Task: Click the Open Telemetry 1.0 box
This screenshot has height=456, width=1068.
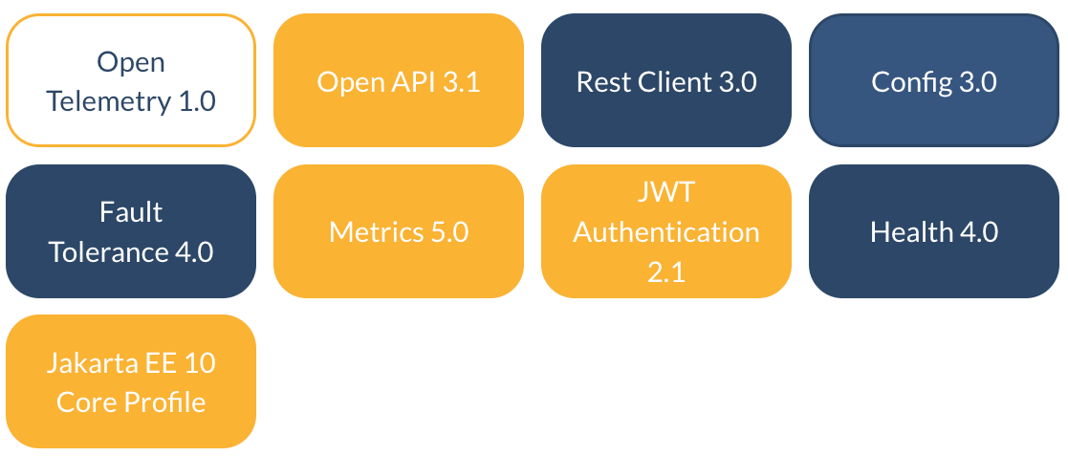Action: (x=131, y=80)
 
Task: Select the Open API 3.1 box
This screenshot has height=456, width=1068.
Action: (x=398, y=80)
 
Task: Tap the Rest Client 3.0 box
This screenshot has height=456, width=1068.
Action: (x=666, y=80)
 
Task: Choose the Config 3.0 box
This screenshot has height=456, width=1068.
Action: (x=934, y=80)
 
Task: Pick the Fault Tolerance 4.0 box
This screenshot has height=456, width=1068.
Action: (x=131, y=231)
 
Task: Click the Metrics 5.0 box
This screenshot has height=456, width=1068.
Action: (x=398, y=231)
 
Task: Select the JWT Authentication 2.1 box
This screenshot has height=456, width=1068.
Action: (x=666, y=231)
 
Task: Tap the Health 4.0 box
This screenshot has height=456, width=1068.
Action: (x=934, y=231)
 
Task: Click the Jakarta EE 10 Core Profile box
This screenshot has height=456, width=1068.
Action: (x=131, y=381)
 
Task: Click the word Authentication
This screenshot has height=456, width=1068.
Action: (x=666, y=232)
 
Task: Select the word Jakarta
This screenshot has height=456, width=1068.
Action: (x=81, y=363)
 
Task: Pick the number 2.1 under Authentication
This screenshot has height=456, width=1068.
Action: (x=666, y=271)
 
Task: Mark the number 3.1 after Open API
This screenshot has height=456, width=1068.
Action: (x=461, y=82)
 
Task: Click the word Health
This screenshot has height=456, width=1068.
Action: (x=911, y=232)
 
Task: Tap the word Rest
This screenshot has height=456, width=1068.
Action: (x=596, y=82)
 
